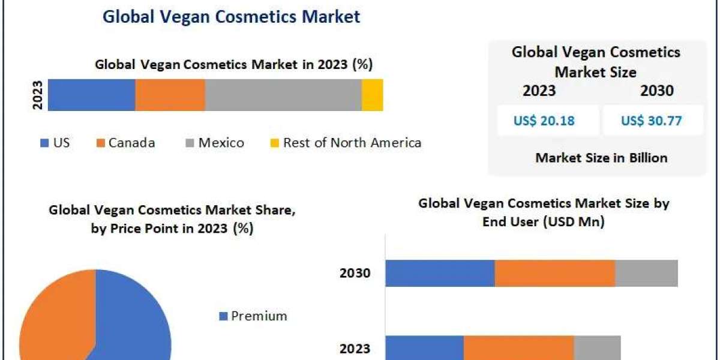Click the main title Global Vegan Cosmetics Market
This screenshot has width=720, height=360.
[x=231, y=16]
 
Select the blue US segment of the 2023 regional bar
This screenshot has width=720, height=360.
[x=91, y=95]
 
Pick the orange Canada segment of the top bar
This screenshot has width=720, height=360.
[x=170, y=95]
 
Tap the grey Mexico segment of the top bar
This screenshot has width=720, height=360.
[x=283, y=95]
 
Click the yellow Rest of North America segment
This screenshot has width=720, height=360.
[x=372, y=95]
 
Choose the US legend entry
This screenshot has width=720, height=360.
[x=55, y=143]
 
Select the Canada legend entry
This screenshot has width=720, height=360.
[x=125, y=143]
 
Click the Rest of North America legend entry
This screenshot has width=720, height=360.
[x=345, y=143]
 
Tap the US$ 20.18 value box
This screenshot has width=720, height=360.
[x=544, y=121]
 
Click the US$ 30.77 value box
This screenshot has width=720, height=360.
[x=652, y=121]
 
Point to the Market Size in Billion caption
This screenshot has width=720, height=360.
[x=601, y=158]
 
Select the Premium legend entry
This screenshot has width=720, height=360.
[x=253, y=316]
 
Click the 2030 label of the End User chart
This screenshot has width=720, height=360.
[x=355, y=274]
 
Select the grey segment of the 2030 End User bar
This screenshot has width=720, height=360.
[x=646, y=274]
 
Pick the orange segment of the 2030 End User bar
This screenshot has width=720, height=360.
[x=554, y=274]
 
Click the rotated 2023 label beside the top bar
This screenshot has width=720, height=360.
[x=38, y=95]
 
